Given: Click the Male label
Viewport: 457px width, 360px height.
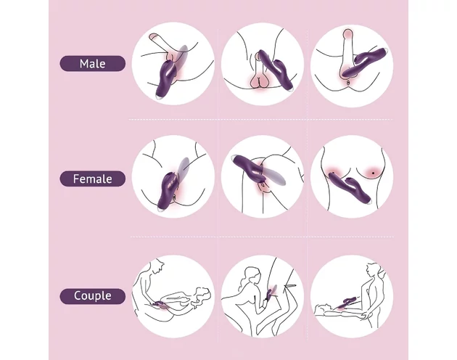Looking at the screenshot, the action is click(x=93, y=64).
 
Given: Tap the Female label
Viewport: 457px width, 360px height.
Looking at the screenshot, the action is click(x=93, y=179).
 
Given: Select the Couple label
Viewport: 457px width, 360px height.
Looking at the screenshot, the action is click(x=93, y=296).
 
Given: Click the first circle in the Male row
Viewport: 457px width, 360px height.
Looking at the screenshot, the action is click(x=173, y=64).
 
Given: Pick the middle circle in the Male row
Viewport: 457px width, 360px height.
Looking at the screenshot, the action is click(x=263, y=64).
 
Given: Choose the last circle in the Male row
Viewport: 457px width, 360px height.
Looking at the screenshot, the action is click(x=352, y=66).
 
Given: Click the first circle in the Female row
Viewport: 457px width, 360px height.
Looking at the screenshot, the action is click(x=173, y=176).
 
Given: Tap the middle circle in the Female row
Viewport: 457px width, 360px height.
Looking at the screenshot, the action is click(x=263, y=176).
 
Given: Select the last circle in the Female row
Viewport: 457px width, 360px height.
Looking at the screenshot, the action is click(x=352, y=176).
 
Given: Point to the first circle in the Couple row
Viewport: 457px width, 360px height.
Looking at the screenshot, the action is click(x=173, y=296).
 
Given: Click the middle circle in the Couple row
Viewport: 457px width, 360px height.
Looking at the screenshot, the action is click(x=263, y=296).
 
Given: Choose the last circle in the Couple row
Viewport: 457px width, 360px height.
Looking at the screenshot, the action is click(x=352, y=296).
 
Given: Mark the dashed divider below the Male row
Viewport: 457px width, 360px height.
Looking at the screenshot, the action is click(x=261, y=119).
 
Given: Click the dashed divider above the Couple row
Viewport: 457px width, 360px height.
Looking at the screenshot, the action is click(x=262, y=237).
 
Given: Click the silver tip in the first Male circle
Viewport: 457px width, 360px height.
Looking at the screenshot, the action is click(x=160, y=97).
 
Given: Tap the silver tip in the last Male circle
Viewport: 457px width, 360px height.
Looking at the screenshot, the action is click(x=386, y=50).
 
